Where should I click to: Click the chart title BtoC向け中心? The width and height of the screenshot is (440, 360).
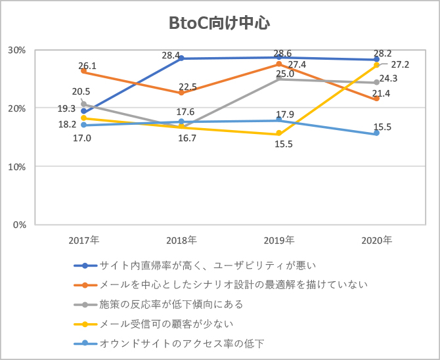click(220, 24)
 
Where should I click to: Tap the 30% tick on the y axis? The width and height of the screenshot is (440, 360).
click(16, 50)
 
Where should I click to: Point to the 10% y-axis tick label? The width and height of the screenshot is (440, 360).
click(16, 166)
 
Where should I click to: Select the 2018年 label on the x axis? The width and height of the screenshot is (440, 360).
click(181, 240)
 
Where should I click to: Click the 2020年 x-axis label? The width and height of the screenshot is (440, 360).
click(377, 240)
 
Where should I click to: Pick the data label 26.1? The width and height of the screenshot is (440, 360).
click(87, 66)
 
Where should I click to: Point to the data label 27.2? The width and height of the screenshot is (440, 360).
click(400, 65)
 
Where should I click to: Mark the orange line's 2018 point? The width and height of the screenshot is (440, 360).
click(181, 93)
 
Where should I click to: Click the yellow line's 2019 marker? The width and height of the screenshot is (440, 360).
click(279, 134)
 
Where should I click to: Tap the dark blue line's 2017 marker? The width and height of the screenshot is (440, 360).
click(83, 112)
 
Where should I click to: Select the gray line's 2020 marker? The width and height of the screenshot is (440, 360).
click(376, 83)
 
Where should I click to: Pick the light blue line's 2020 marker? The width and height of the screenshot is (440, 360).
click(376, 133)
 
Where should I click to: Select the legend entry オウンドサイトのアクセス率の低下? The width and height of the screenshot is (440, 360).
click(182, 343)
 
